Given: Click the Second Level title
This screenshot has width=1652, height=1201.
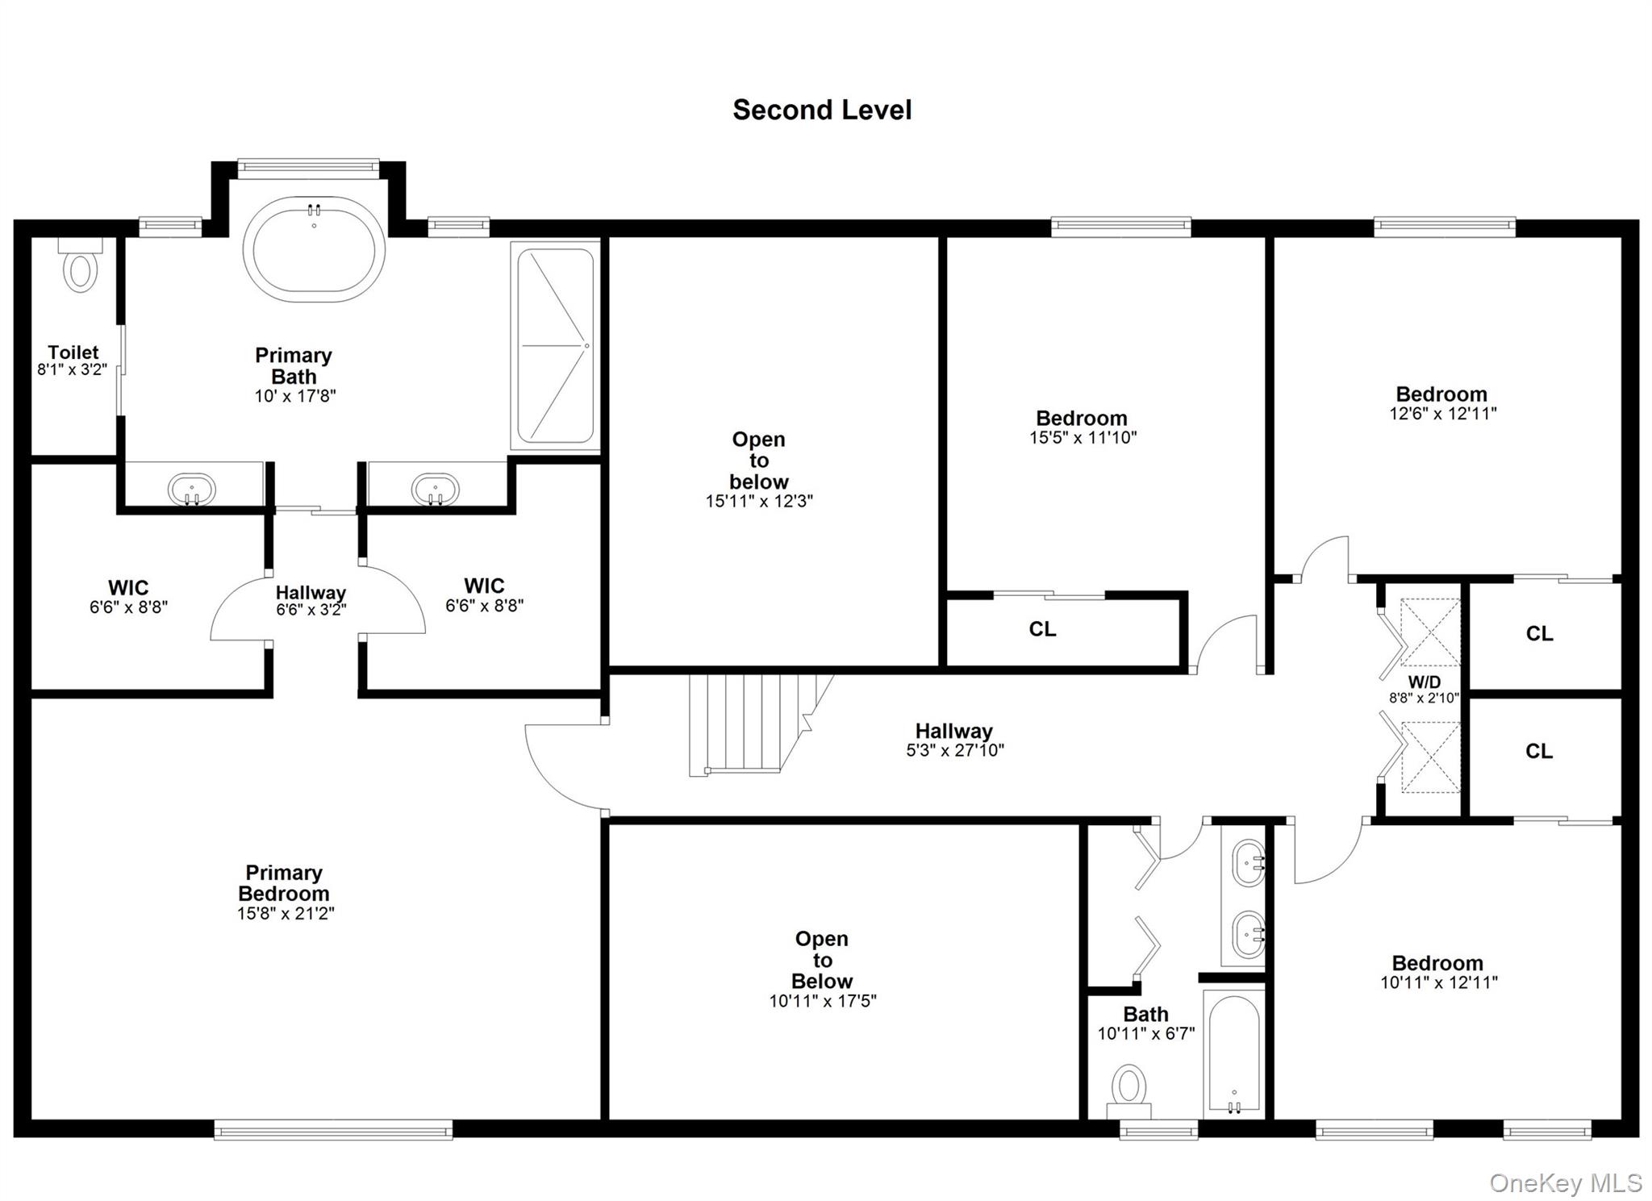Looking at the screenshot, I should pos(821,111).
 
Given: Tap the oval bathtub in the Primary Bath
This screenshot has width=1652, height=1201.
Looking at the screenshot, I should pos(314,249).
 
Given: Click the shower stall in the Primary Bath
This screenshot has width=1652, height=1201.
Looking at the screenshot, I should pos(556,346).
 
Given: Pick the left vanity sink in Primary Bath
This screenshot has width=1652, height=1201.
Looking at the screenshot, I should pos(192,489).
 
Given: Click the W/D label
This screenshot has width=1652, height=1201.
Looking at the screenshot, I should pos(1424,682).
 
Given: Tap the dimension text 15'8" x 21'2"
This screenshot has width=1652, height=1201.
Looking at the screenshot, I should pos(286,913).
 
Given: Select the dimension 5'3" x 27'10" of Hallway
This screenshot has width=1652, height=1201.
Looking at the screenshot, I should pos(954,750).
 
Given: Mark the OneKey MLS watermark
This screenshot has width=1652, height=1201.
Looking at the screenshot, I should pos(1564,1182).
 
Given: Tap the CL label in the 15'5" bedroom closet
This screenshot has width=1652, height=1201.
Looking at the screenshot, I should pos(1042,629).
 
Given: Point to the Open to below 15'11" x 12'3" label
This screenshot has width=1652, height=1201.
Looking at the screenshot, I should pos(758,470).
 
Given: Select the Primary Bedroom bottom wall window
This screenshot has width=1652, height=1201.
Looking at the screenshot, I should pos(333,1128).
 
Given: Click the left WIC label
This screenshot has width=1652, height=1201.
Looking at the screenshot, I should pos(128,587).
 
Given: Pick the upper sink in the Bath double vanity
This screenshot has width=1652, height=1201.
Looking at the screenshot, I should pos(1248,863).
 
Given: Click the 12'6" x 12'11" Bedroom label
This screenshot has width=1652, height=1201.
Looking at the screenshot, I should pos(1441,402).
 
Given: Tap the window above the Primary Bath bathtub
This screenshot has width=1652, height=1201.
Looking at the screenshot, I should pos(308,168).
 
